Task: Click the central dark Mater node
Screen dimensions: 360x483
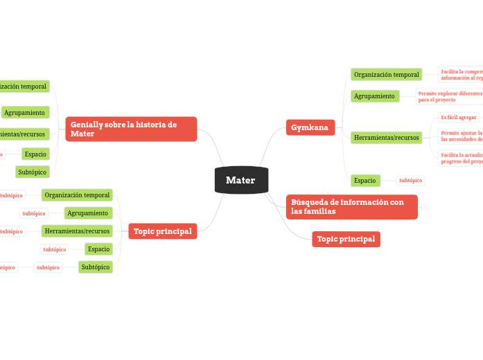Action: click(x=240, y=180)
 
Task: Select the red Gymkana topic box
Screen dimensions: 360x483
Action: click(x=310, y=127)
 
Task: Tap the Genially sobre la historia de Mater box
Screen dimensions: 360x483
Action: click(x=131, y=129)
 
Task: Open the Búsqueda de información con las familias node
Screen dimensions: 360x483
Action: click(x=351, y=206)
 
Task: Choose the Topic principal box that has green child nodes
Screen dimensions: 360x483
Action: click(x=162, y=231)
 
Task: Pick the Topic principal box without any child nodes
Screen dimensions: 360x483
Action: click(x=346, y=239)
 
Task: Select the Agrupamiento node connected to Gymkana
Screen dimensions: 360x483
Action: click(x=374, y=96)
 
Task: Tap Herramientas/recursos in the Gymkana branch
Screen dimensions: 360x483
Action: click(x=386, y=138)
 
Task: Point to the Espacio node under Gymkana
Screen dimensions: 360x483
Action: click(x=365, y=180)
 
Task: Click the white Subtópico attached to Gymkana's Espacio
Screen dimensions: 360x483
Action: click(x=410, y=181)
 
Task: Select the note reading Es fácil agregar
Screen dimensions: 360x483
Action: click(x=459, y=118)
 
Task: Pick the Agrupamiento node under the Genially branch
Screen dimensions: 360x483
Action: click(x=25, y=112)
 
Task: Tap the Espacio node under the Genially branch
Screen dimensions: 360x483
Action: click(x=35, y=154)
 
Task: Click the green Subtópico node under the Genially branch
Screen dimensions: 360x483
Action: click(x=32, y=172)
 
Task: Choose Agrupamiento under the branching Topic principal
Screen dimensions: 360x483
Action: click(x=87, y=213)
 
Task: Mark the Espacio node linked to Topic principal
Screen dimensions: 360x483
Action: click(x=98, y=249)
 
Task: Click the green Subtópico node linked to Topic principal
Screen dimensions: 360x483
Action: click(x=95, y=267)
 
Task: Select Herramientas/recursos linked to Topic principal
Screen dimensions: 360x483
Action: click(x=77, y=231)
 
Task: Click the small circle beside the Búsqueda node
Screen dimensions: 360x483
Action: click(x=425, y=207)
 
